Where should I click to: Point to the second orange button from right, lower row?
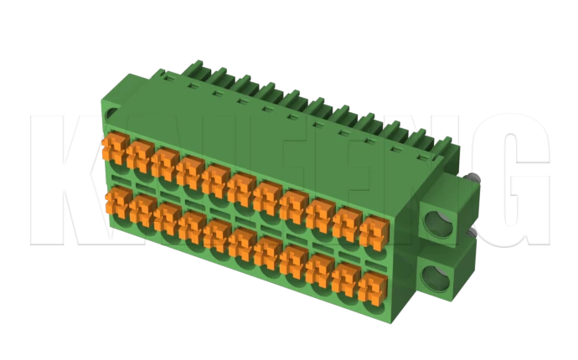(344, 278)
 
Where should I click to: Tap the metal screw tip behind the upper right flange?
(475, 177)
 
